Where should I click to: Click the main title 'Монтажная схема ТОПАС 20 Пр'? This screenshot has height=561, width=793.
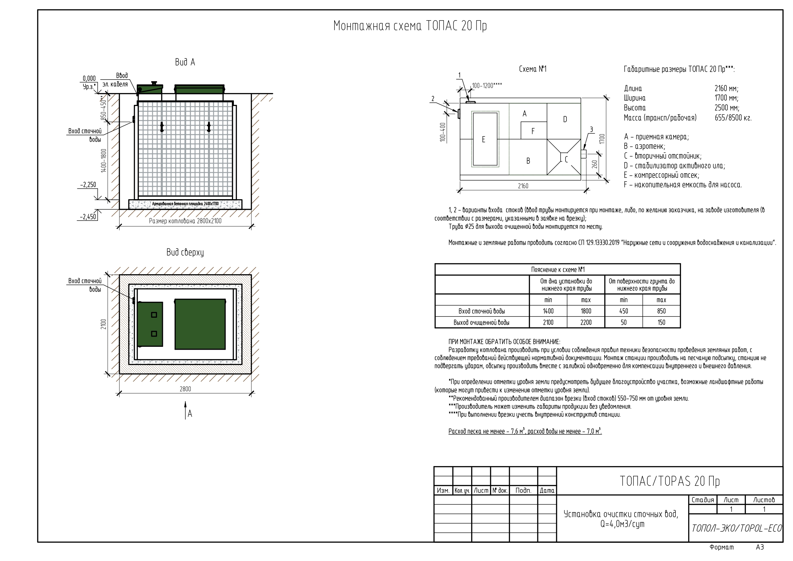(410, 26)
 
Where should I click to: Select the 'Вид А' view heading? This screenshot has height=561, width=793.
(185, 62)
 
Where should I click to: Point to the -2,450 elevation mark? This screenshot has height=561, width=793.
(88, 217)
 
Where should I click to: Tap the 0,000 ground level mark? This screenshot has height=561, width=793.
(89, 78)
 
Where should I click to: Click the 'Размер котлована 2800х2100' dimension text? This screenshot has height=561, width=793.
(185, 221)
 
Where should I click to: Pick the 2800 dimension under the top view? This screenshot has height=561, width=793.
(185, 389)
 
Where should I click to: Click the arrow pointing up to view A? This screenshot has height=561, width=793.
(186, 409)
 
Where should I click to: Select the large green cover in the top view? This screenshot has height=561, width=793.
(200, 324)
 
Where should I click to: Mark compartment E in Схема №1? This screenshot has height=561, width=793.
(483, 139)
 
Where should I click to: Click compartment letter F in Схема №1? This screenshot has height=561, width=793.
(533, 131)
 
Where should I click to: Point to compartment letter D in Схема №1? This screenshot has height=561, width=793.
(565, 119)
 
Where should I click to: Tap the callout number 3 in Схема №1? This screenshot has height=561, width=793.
(591, 129)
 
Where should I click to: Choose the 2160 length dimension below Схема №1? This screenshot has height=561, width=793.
(523, 186)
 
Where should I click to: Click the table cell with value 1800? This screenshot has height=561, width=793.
(586, 311)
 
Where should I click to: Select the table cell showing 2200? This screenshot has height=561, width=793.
(586, 323)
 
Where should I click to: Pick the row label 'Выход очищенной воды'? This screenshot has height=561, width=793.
(481, 323)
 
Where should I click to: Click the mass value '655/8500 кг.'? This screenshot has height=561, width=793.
(733, 118)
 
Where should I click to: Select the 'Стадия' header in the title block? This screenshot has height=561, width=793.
(703, 500)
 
